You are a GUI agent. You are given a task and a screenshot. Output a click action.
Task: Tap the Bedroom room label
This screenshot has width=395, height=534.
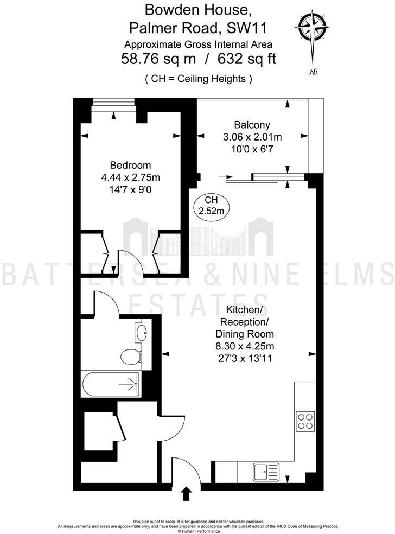click(130, 165)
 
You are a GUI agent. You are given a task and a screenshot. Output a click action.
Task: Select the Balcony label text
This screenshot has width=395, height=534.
click(252, 125)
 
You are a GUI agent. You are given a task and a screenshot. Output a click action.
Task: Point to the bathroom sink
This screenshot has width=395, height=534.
click(142, 332)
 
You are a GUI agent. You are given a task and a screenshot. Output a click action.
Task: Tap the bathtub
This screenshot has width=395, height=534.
click(111, 384)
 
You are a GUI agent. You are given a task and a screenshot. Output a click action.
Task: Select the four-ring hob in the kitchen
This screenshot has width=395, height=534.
click(305, 421)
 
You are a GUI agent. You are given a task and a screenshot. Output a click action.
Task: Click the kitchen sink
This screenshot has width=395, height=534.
click(265, 472)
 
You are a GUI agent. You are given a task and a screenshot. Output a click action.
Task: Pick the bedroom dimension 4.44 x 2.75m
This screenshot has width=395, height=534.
click(130, 177)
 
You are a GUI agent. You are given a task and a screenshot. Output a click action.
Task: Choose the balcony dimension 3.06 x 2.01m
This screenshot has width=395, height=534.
click(252, 137)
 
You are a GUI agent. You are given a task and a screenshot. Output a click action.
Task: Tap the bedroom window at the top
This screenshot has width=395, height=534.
click(113, 104)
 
